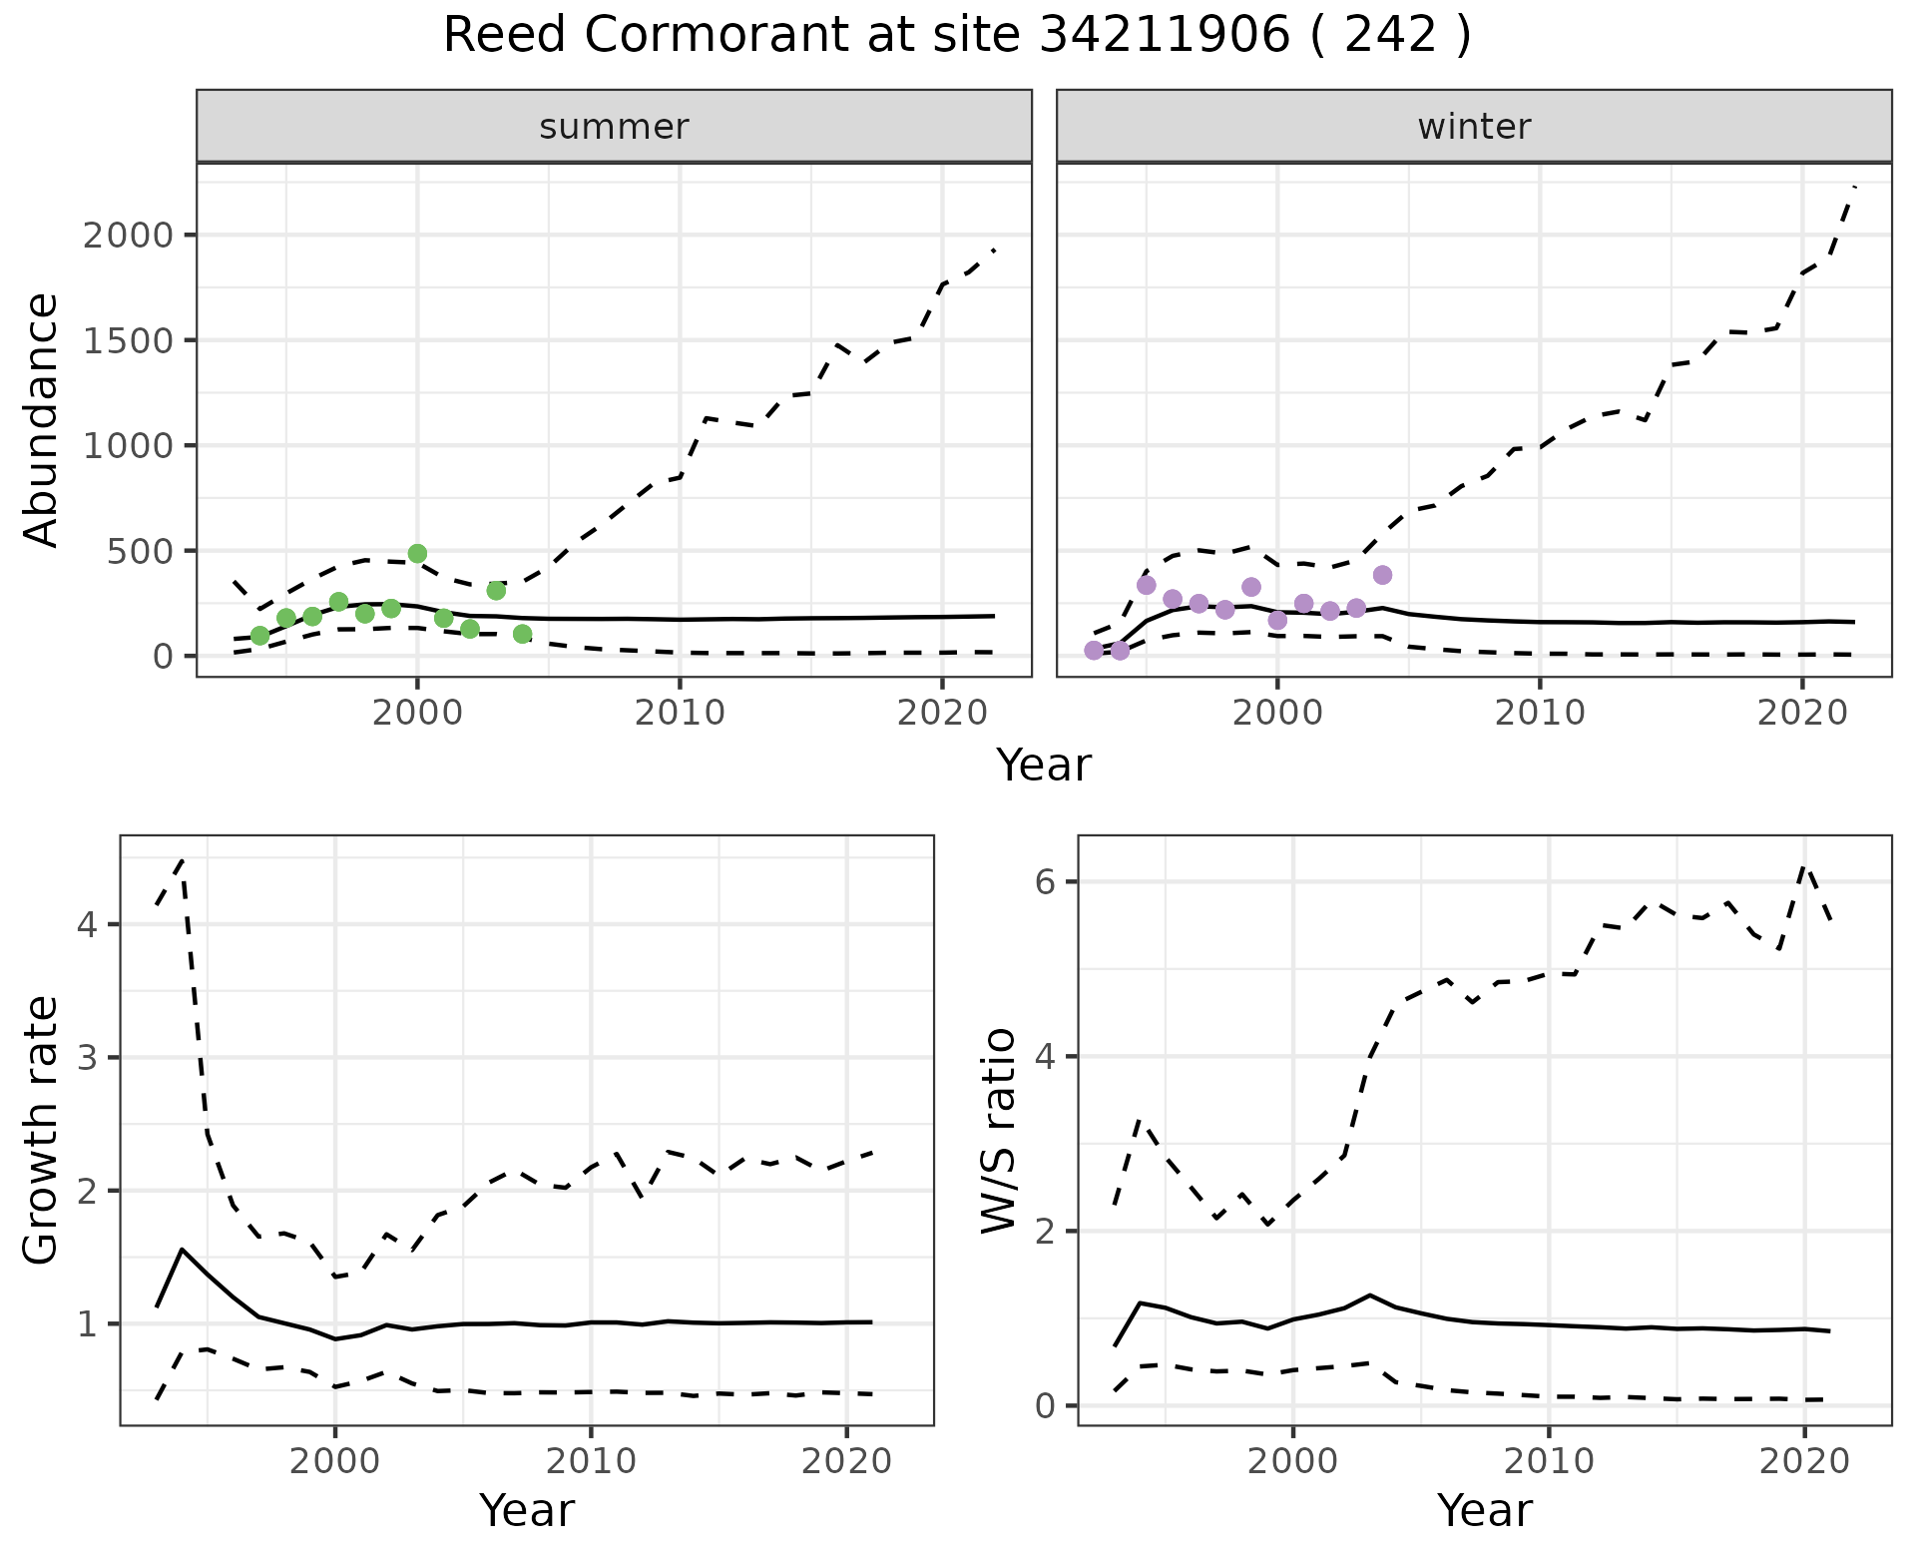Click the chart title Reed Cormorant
click(956, 37)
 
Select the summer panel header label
click(614, 127)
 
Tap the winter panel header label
click(1474, 127)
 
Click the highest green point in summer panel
click(417, 553)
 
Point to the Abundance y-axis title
click(42, 419)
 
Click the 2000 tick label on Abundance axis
click(128, 236)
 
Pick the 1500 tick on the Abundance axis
click(128, 340)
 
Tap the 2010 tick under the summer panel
click(680, 713)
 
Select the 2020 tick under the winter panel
click(1802, 713)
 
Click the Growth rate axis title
click(42, 1131)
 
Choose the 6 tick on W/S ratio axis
click(1044, 882)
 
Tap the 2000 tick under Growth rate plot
click(335, 1461)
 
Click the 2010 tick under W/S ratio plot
click(1549, 1461)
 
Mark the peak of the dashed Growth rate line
click(182, 859)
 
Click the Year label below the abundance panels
click(1044, 766)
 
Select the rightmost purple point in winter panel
click(1382, 575)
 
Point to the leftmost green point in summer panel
click(259, 636)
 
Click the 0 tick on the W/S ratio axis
click(1044, 1406)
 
